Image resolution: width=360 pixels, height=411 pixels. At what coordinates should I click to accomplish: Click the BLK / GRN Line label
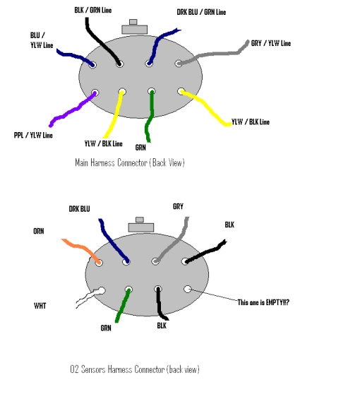coord(93,10)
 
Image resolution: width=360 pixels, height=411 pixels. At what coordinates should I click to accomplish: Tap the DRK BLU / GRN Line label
coord(201,12)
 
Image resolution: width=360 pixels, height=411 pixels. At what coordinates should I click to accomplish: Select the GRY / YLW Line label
coord(271,43)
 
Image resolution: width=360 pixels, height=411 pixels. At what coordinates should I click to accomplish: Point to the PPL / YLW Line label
coord(33,136)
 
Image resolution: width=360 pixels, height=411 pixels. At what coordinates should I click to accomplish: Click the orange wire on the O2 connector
coord(82,247)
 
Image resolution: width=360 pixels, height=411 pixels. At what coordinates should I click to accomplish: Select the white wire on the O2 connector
coord(88,297)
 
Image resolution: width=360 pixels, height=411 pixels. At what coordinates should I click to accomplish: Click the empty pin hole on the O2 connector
coord(187,289)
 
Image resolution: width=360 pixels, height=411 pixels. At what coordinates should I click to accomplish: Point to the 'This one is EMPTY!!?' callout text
coord(263,302)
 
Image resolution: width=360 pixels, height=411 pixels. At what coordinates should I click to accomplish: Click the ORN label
coord(39,231)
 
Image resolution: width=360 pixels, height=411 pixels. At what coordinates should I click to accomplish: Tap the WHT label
coord(40,306)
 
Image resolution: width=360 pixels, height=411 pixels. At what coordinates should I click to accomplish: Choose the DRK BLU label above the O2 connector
coord(79,209)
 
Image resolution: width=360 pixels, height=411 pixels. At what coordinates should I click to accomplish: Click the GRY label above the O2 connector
coord(178,206)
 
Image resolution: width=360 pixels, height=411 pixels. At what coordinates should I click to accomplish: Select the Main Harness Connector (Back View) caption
coord(130,162)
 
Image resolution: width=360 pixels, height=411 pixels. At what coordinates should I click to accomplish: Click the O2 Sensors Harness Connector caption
coord(135,369)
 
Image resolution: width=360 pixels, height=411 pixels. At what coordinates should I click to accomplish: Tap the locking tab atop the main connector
coord(134,27)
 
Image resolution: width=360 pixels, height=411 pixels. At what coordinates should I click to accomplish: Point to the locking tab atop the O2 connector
coord(141,225)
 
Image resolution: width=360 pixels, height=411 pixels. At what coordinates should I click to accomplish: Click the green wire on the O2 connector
coord(122,305)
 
